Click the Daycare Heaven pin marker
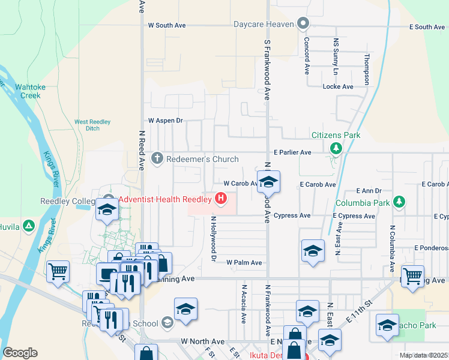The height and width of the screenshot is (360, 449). tap(303, 25)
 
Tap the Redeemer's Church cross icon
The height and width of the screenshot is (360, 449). tap(157, 159)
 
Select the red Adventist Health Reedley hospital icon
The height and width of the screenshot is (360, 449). tap(221, 197)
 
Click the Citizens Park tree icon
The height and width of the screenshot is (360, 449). tap(336, 148)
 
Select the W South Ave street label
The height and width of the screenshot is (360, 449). tap(167, 26)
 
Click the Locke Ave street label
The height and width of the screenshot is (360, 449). tap(338, 86)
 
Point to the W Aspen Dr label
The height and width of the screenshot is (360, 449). tap(165, 121)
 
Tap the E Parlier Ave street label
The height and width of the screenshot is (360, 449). tap(292, 152)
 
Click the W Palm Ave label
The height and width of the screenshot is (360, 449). tap(244, 263)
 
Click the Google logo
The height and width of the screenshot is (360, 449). tap(20, 353)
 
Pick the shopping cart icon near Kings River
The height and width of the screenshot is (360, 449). tap(58, 271)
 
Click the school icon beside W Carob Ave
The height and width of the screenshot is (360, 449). tap(268, 183)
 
